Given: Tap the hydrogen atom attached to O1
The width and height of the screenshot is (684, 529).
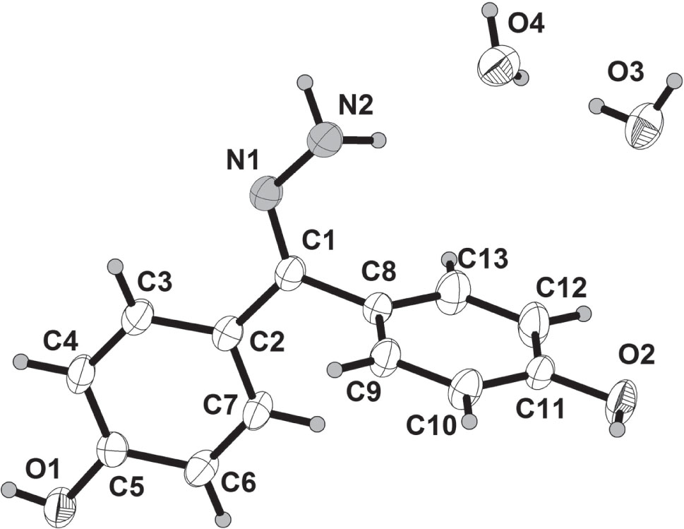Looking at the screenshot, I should (10, 487).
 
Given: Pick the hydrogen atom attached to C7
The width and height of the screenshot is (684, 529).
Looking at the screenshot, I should (318, 424).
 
